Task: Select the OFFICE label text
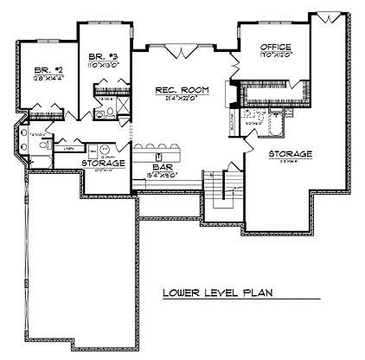point(274,46)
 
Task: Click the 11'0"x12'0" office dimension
point(274,55)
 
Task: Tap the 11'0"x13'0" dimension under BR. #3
point(102,63)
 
